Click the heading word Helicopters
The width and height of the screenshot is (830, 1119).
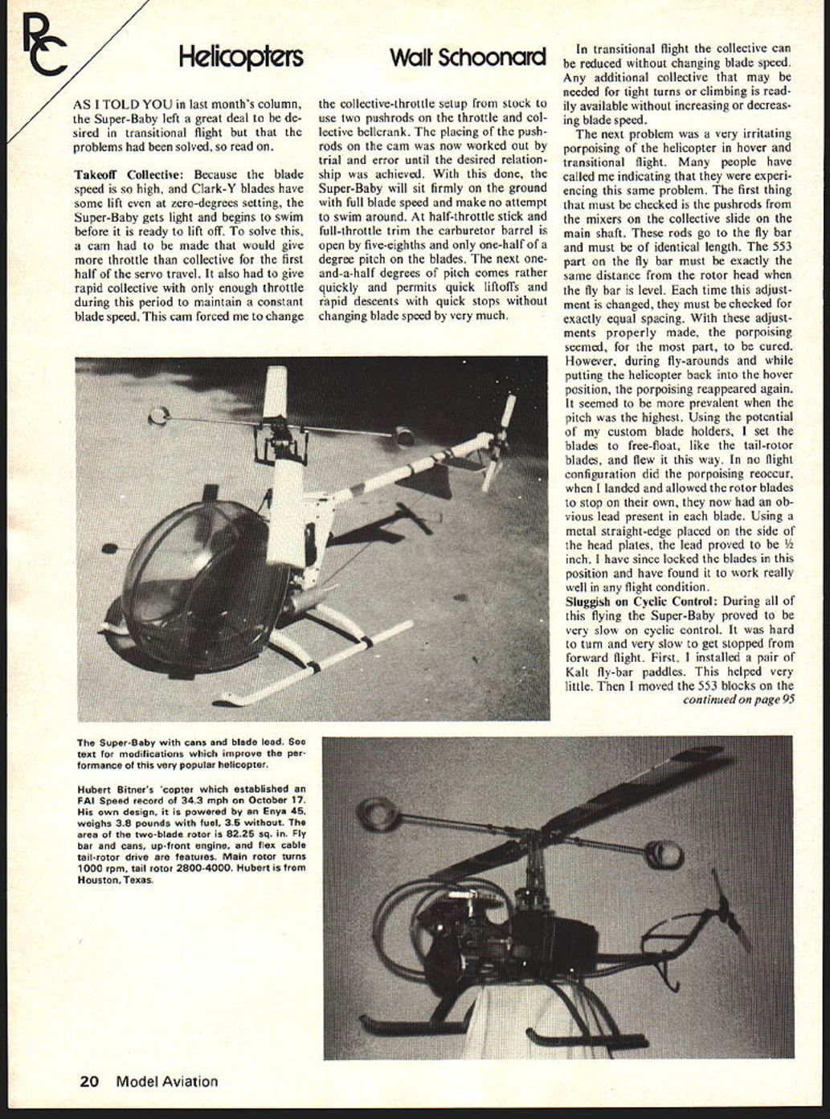pyautogui.click(x=240, y=58)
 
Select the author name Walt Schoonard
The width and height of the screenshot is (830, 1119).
pyautogui.click(x=468, y=58)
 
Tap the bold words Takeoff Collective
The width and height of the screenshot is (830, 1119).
pyautogui.click(x=129, y=174)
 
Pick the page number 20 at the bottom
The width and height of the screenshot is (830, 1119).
pyautogui.click(x=89, y=1081)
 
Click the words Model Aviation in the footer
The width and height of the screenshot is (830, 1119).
pyautogui.click(x=166, y=1081)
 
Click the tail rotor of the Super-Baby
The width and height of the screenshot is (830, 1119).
pyautogui.click(x=499, y=442)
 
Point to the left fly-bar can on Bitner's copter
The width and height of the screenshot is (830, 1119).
pyautogui.click(x=374, y=815)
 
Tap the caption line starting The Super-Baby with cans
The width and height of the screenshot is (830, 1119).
pyautogui.click(x=190, y=742)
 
